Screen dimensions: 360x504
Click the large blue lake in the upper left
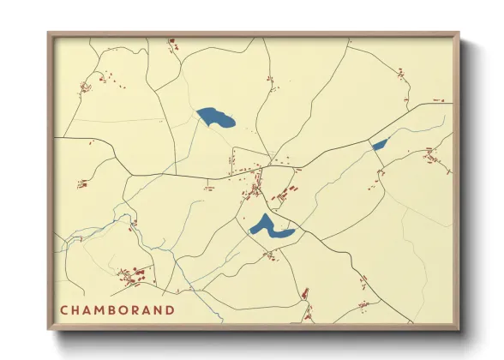point(216,117)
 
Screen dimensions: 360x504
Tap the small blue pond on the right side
point(379,144)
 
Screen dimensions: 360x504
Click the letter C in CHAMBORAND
point(64,309)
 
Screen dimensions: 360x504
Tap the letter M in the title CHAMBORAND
point(99,309)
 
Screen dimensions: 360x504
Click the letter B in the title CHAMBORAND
point(111,309)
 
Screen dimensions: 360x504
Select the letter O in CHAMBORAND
point(123,309)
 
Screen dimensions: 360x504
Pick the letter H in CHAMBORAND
point(75,309)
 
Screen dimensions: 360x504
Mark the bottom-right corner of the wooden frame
point(459,329)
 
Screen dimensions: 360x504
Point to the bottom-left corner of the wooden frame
point(49,329)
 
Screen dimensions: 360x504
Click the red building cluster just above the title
point(132,276)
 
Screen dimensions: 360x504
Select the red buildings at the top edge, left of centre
point(171,42)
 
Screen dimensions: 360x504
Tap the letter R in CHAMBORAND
point(135,309)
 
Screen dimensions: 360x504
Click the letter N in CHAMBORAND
point(159,309)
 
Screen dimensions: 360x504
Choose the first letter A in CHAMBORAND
point(87,309)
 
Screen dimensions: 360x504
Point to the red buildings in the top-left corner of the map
point(86,86)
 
